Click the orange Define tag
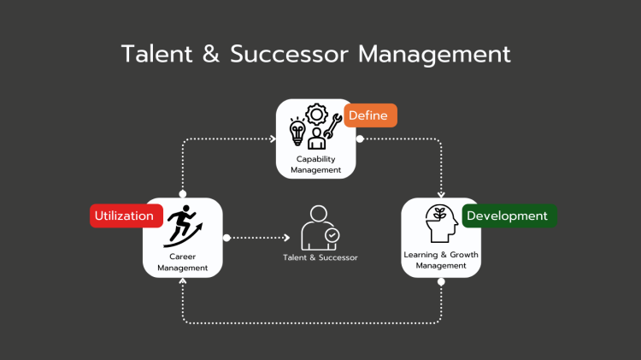[370, 115]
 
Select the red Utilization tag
[125, 215]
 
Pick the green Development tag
[508, 215]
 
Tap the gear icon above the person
[316, 114]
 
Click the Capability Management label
[315, 164]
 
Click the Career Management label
[182, 262]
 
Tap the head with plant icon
[440, 225]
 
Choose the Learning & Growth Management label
[440, 260]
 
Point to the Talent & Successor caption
[320, 257]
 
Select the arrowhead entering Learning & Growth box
[441, 194]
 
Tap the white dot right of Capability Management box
[360, 139]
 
